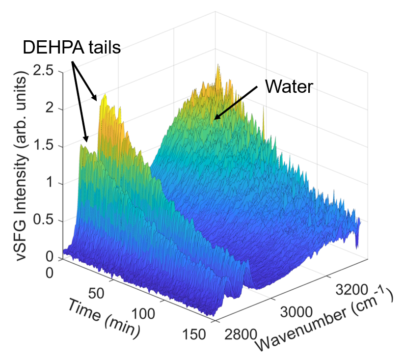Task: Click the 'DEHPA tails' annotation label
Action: (x=72, y=48)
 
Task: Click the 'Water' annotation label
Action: (x=289, y=87)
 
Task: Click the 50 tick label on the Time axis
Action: (x=97, y=294)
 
